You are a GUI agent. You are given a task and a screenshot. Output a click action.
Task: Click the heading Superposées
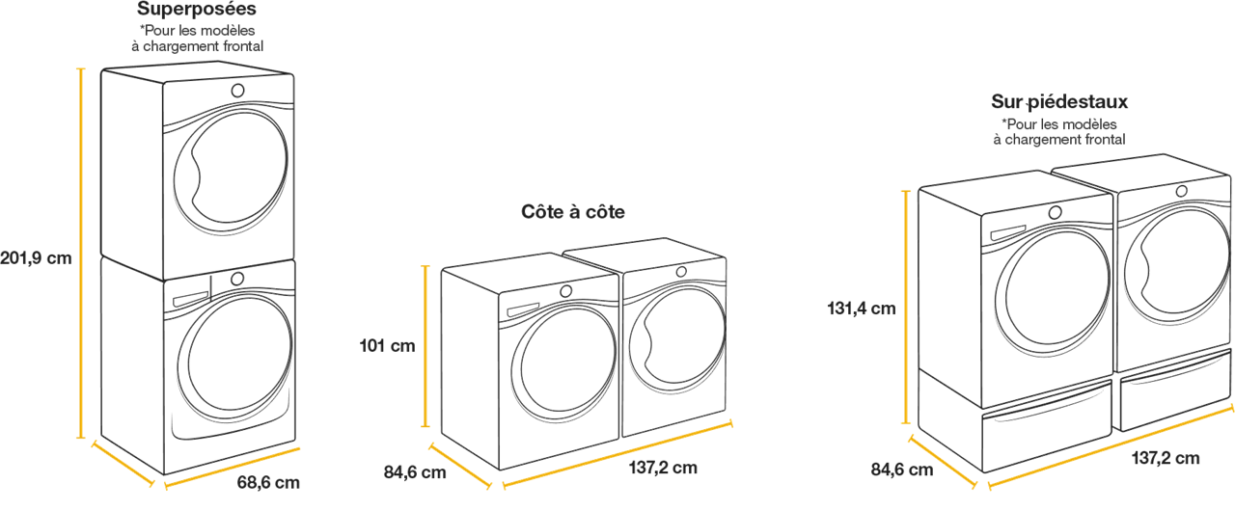pyautogui.click(x=197, y=10)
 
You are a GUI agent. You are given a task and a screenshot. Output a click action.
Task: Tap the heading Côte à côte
pyautogui.click(x=573, y=211)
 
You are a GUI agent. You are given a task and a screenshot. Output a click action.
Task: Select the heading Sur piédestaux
pyautogui.click(x=1059, y=102)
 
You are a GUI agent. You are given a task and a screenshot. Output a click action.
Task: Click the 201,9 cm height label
pyautogui.click(x=36, y=257)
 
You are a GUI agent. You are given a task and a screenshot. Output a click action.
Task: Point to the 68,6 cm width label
pyautogui.click(x=268, y=482)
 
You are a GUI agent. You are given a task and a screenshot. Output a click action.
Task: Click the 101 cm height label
pyautogui.click(x=387, y=346)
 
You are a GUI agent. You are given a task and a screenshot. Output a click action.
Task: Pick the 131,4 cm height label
pyautogui.click(x=862, y=309)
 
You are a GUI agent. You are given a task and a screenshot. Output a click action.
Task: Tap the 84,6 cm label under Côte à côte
pyautogui.click(x=415, y=472)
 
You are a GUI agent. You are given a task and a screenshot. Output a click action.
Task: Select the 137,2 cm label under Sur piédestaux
pyautogui.click(x=1166, y=458)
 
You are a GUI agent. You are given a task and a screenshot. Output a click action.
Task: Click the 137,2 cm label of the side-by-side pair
pyautogui.click(x=663, y=468)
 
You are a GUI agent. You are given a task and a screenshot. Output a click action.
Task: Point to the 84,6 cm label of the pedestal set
pyautogui.click(x=902, y=470)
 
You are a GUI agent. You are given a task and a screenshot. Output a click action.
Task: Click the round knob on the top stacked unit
pyautogui.click(x=237, y=91)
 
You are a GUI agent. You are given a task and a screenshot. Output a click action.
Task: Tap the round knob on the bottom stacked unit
pyautogui.click(x=237, y=279)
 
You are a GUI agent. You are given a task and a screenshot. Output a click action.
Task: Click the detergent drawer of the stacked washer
pyautogui.click(x=191, y=299)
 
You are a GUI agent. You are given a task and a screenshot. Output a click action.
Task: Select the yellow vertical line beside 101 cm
pyautogui.click(x=425, y=346)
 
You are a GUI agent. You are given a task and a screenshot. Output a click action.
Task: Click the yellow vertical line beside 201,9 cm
pyautogui.click(x=81, y=254)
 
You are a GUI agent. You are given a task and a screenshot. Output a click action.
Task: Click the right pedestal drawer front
pyautogui.click(x=1175, y=390)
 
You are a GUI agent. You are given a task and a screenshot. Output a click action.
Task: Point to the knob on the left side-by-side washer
pyautogui.click(x=565, y=291)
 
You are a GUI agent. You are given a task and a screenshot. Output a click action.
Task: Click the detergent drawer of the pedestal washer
pyautogui.click(x=1008, y=233)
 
